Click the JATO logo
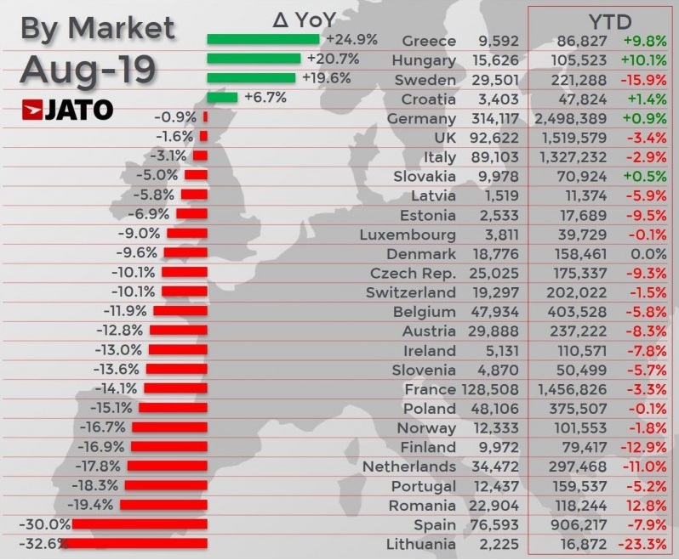pyautogui.click(x=67, y=110)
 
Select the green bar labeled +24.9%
pyautogui.click(x=263, y=39)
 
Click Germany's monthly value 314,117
pyautogui.click(x=494, y=119)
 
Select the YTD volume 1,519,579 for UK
pyautogui.click(x=573, y=139)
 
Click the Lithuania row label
pyautogui.click(x=421, y=545)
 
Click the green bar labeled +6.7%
pyautogui.click(x=222, y=98)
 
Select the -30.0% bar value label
pyautogui.click(x=47, y=524)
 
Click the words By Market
pyautogui.click(x=97, y=28)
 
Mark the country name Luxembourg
pyautogui.click(x=408, y=235)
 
